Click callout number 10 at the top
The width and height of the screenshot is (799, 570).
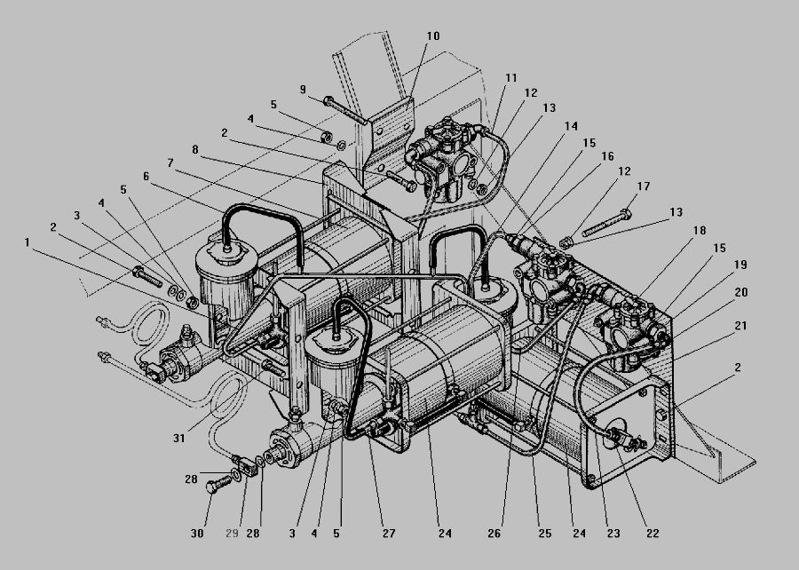click(433, 36)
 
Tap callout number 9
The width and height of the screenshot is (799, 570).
click(304, 90)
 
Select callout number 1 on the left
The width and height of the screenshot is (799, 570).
click(27, 242)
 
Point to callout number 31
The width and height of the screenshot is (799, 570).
click(178, 438)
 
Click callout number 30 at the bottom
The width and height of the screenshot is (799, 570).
click(197, 534)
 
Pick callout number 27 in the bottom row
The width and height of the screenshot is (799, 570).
click(389, 534)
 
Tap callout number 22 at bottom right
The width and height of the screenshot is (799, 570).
click(653, 534)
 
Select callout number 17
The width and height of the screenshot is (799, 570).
click(644, 186)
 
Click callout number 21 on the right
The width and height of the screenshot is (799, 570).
click(740, 326)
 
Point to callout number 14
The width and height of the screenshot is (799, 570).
click(571, 126)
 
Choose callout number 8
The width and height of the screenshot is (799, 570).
click(195, 150)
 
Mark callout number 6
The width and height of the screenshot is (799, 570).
click(146, 177)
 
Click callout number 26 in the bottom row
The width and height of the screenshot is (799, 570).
click(494, 534)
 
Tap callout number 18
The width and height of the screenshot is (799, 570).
click(700, 230)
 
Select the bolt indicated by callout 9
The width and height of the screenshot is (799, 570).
click(345, 110)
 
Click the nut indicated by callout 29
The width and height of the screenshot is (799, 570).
click(249, 467)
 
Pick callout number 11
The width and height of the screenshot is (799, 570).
click(511, 78)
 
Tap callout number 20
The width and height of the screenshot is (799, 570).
click(741, 292)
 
